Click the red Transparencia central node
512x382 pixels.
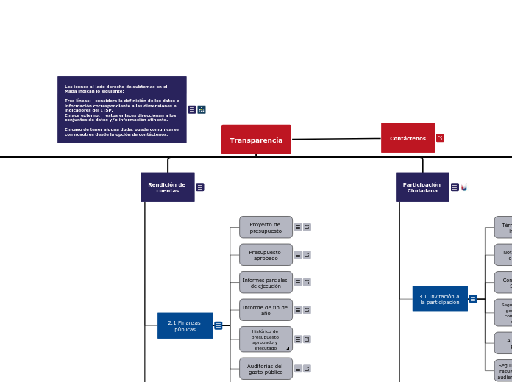click(256, 140)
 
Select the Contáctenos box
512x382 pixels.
click(408, 138)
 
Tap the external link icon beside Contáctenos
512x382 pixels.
click(440, 138)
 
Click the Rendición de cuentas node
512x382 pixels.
click(168, 187)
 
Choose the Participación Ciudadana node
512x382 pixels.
click(422, 187)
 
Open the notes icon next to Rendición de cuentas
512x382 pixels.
click(200, 187)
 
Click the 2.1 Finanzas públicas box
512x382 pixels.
click(185, 325)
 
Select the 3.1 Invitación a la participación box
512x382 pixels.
click(439, 298)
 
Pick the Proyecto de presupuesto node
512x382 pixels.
click(266, 227)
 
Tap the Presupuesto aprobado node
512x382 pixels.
click(266, 255)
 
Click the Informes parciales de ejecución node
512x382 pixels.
click(266, 282)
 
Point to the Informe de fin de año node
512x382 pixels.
click(266, 310)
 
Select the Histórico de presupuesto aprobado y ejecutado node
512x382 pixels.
click(266, 339)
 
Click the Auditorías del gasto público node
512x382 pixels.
click(266, 369)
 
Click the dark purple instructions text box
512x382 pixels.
click(121, 109)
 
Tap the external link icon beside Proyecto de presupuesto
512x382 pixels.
click(307, 227)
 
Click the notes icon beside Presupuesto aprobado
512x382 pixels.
click(298, 255)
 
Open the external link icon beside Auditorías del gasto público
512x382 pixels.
click(307, 369)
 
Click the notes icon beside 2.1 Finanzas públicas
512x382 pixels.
click(218, 325)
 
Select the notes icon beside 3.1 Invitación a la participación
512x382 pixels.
click(473, 299)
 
